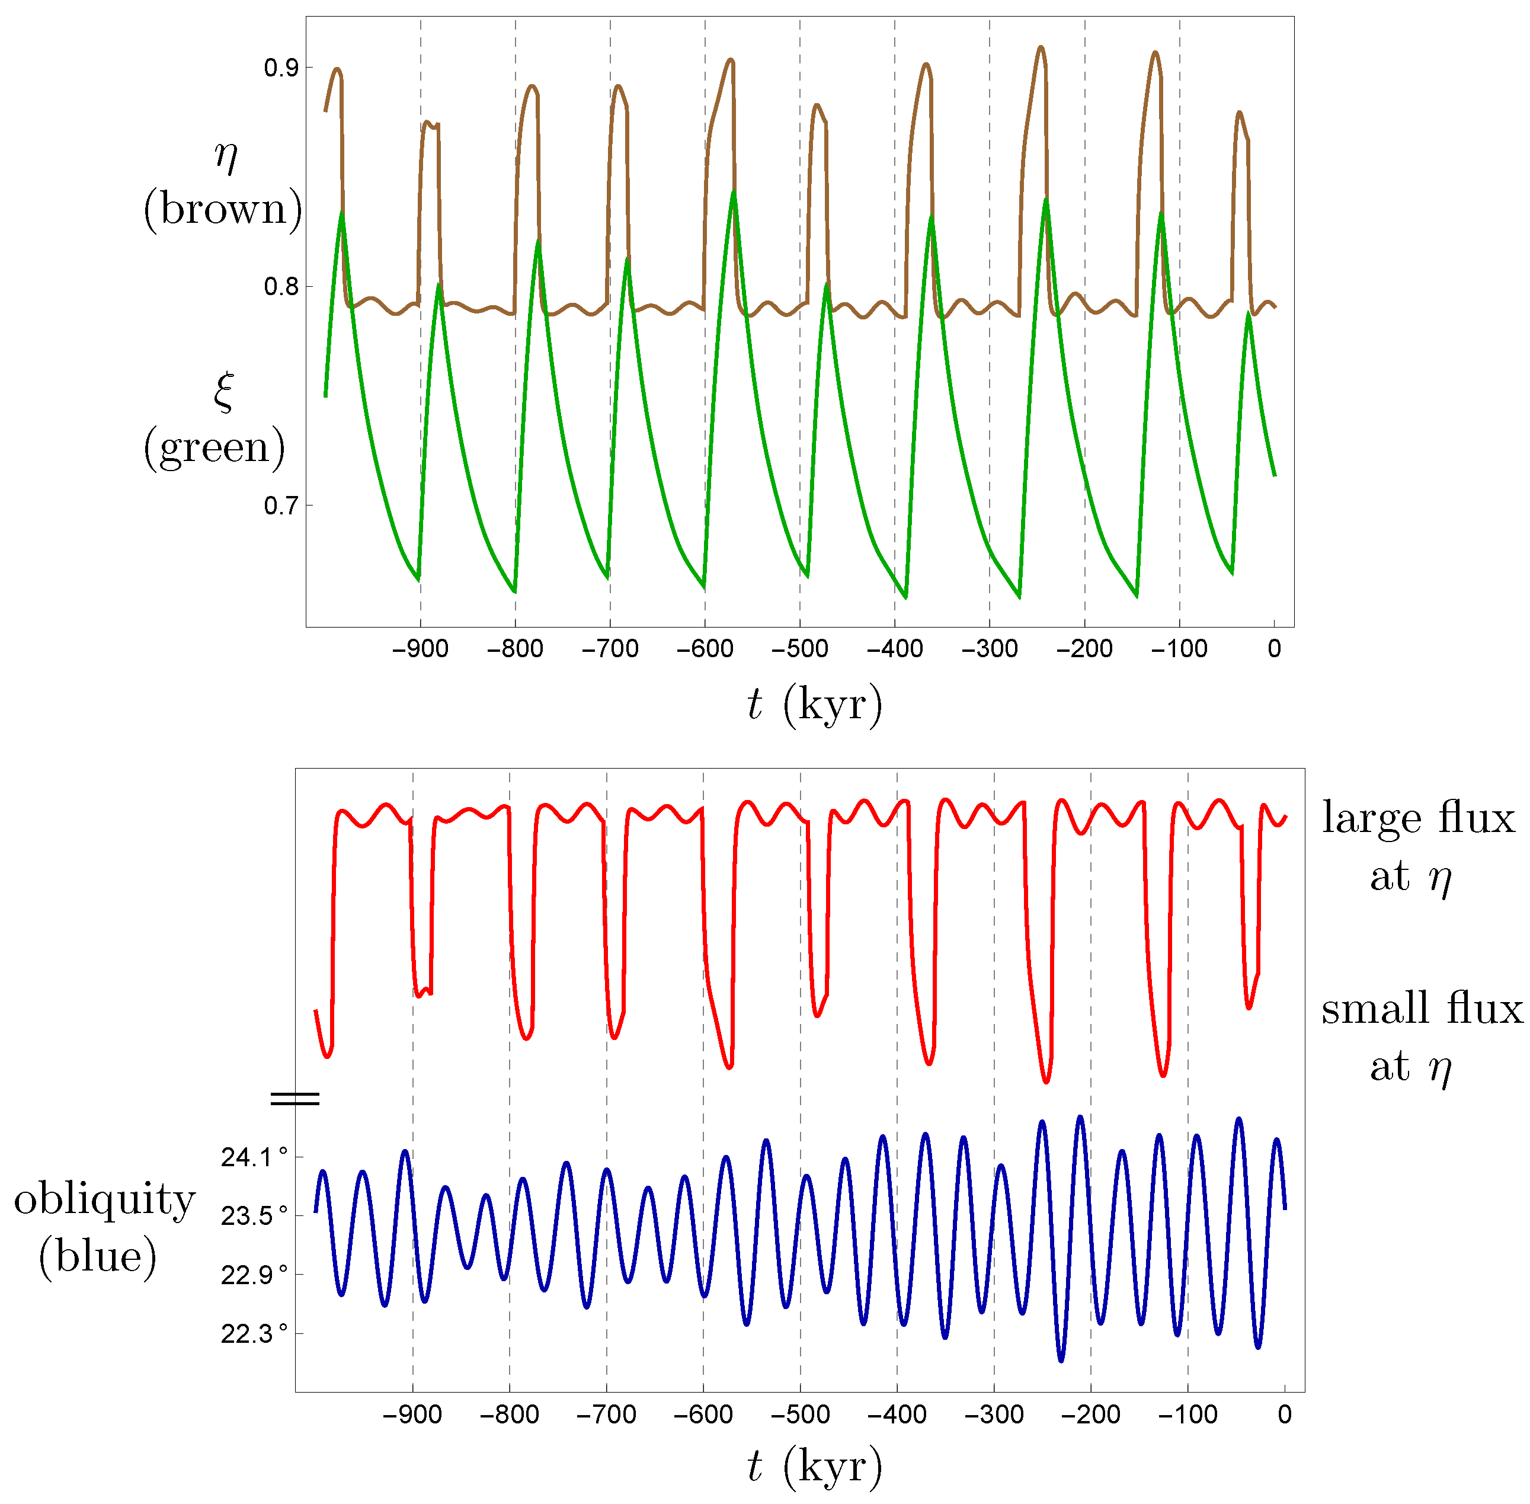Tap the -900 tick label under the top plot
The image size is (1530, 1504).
[x=420, y=649]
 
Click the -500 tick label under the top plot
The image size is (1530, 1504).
[x=799, y=649]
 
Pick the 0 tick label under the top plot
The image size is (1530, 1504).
[x=1273, y=649]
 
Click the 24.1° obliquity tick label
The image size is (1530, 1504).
[x=254, y=1158]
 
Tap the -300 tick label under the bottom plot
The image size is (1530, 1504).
[x=994, y=1415]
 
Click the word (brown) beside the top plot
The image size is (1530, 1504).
[x=222, y=209]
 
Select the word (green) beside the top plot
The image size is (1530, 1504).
[x=214, y=448]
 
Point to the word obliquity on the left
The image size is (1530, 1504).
[x=104, y=1201]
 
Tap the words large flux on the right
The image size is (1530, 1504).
[x=1419, y=818]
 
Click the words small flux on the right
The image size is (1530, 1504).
[x=1422, y=1010]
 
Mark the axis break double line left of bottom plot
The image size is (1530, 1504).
[x=295, y=1099]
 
